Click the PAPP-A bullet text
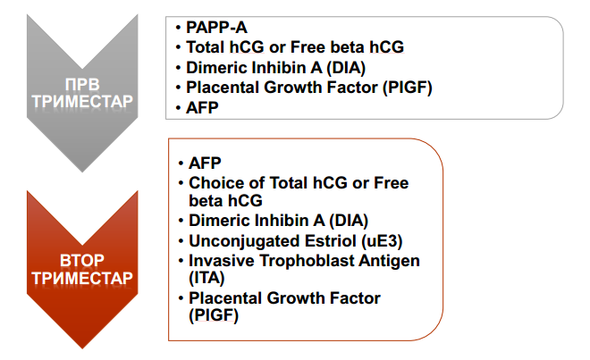[x=216, y=28]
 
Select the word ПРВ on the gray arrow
[x=82, y=85]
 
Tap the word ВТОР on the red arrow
[x=82, y=261]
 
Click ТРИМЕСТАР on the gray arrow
[x=82, y=101]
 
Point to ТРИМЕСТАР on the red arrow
[x=82, y=279]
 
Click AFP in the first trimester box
[x=202, y=108]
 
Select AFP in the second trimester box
[x=205, y=163]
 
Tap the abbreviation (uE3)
[x=382, y=241]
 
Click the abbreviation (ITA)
[x=206, y=279]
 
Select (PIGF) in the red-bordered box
[x=214, y=315]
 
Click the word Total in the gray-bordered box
[x=206, y=47]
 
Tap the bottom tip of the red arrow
[x=82, y=348]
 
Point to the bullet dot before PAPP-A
[x=179, y=28]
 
